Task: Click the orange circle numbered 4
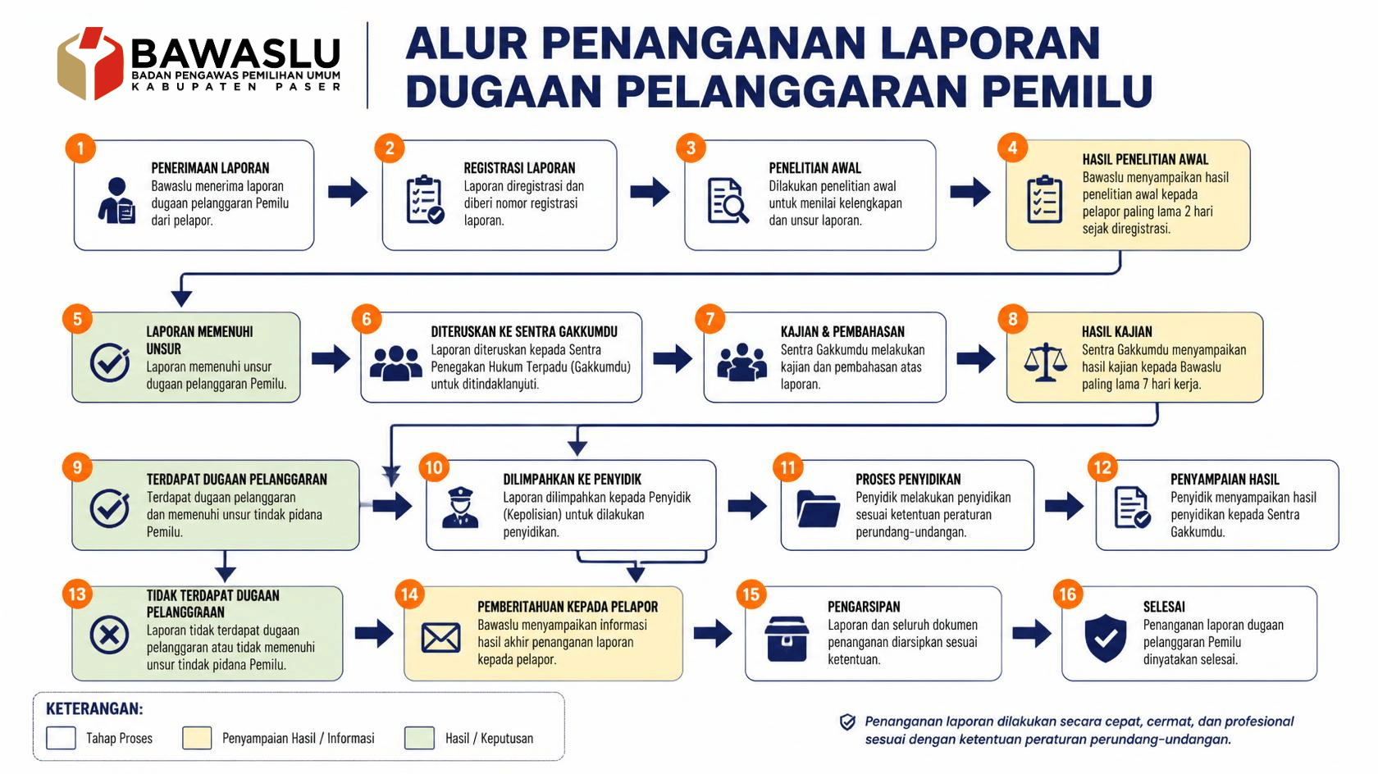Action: [1012, 148]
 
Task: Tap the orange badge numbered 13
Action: [77, 594]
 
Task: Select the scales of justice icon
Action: [1045, 362]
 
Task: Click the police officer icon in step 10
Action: [460, 508]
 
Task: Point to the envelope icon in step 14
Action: [440, 638]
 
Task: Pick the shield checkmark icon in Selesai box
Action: [1105, 638]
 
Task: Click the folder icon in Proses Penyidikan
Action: [818, 508]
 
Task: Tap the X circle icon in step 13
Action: [109, 635]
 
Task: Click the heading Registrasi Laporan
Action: [519, 168]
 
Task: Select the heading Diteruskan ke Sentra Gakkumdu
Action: [523, 332]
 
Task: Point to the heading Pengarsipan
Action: [863, 607]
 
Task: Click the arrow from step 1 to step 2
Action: [348, 192]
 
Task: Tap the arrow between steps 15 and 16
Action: [1032, 633]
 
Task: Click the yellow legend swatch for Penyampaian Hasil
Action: [197, 738]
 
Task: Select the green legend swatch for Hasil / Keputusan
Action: [420, 738]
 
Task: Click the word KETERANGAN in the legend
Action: [94, 709]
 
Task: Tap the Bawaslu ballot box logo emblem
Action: [90, 62]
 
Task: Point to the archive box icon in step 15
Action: [787, 639]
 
